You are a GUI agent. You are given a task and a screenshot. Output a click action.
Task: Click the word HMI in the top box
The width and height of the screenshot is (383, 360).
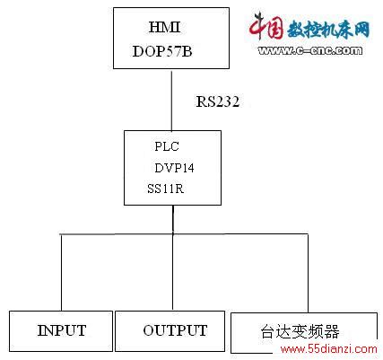pos(165,27)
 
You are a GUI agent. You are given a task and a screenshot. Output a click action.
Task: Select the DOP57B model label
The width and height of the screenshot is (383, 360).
pos(162,51)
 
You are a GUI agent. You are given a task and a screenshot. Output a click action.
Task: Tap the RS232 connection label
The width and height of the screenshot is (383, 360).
pos(218,101)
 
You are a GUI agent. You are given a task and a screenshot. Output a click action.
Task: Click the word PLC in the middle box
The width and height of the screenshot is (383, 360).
pos(167,146)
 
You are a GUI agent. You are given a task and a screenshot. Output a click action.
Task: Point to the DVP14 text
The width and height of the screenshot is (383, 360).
pos(174,168)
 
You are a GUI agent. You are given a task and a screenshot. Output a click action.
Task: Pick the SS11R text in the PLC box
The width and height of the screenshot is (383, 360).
pos(165,189)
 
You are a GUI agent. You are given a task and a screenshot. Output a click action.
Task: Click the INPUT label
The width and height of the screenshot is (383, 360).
pos(62,330)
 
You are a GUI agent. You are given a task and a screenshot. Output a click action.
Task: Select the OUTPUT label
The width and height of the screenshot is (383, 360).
pos(175,330)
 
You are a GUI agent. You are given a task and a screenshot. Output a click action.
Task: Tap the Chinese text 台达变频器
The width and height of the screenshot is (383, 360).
pos(300,331)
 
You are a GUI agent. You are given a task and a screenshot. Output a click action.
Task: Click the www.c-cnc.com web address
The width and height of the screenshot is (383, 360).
pos(310,50)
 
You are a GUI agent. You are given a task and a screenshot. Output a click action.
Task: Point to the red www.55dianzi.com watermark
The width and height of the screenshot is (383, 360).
pos(329,349)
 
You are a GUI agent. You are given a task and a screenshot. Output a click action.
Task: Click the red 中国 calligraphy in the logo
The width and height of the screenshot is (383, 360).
pos(266,26)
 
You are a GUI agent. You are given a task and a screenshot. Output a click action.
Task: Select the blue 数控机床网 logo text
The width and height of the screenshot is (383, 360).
pos(328,30)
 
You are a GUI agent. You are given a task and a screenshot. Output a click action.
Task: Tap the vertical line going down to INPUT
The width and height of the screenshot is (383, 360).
pos(61,273)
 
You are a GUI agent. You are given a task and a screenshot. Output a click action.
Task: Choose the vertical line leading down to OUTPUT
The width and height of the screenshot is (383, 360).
pos(172,272)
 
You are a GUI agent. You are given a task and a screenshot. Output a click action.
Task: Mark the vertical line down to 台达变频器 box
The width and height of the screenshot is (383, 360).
pos(308,273)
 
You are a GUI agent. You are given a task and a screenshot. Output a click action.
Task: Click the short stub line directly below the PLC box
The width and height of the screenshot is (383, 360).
pos(173,219)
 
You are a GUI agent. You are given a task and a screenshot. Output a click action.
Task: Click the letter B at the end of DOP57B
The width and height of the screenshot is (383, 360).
pos(187,51)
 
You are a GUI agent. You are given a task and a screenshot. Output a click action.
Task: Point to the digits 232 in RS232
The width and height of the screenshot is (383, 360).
pos(228,101)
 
